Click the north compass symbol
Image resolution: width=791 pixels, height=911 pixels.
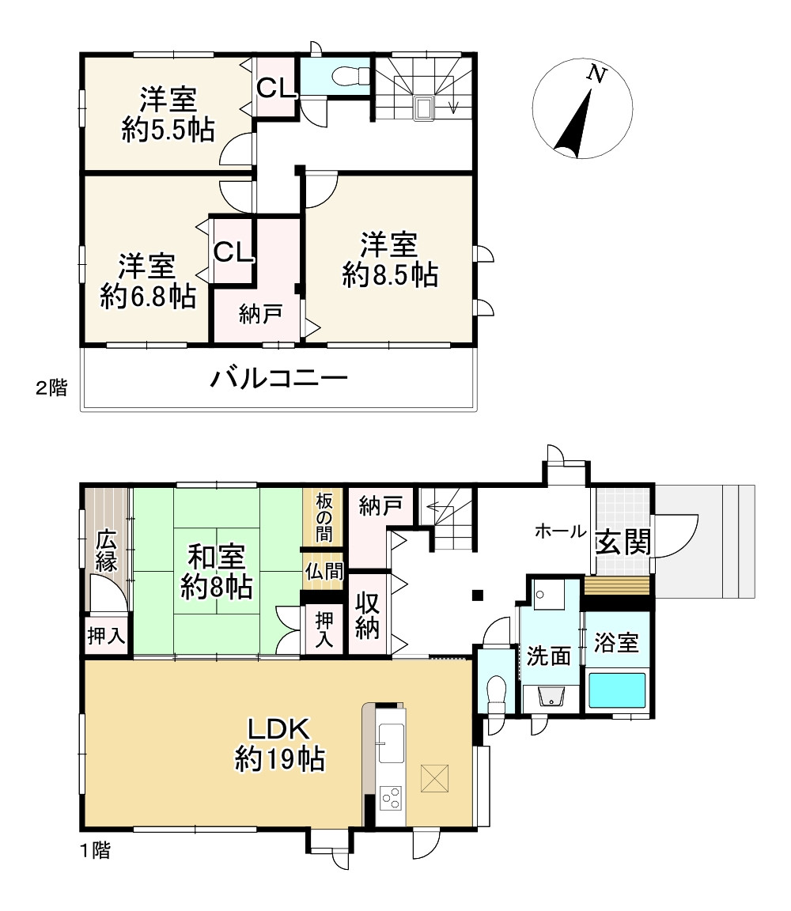pos(582,109)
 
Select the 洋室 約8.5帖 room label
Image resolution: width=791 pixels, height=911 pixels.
pos(390,259)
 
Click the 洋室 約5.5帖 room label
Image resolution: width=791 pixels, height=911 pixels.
pos(168,115)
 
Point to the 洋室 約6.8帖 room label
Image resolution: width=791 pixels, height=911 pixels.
pos(148,282)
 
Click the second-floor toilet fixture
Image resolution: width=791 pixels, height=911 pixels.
pos(349,76)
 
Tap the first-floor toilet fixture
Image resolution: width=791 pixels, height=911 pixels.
pos(496,692)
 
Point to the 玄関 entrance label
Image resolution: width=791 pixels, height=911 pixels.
pos(623,542)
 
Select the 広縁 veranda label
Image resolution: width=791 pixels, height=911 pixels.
pos(107,552)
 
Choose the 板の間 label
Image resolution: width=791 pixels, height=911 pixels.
pos(323,517)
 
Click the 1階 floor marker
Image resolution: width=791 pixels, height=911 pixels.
pos(94,851)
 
